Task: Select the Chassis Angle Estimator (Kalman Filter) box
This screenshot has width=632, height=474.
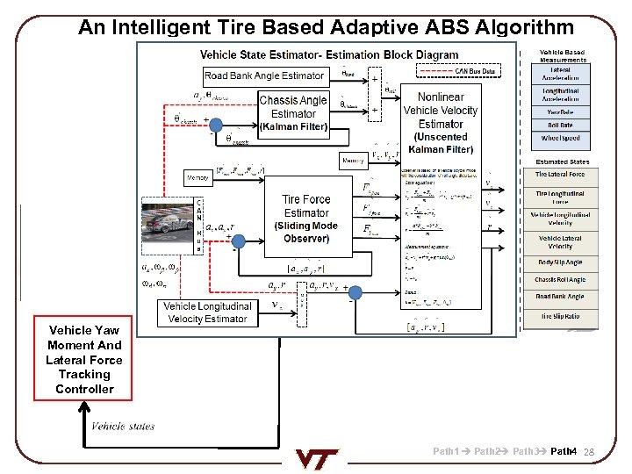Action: coord(293,113)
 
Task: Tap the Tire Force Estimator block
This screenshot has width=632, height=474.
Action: coord(305,219)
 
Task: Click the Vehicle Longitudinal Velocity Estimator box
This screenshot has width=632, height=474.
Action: coord(208,312)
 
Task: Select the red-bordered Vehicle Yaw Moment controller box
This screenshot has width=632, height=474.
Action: coord(84,358)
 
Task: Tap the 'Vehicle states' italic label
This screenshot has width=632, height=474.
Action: coord(123,427)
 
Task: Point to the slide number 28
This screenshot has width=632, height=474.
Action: coord(589,452)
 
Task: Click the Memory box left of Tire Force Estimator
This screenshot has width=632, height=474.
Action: coord(198,178)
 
